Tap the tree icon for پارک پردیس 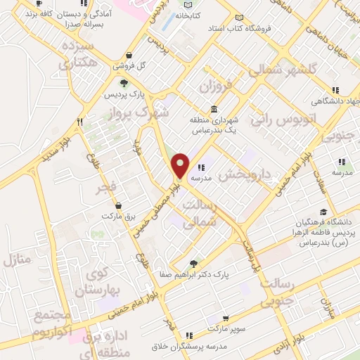124,84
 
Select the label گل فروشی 134,66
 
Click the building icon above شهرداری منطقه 214,109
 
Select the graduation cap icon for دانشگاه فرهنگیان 323,212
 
